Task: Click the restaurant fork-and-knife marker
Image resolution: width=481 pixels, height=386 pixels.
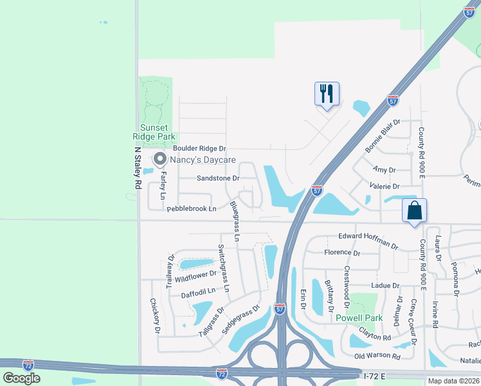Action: tap(327, 94)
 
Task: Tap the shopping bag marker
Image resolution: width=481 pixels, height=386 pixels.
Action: tap(415, 210)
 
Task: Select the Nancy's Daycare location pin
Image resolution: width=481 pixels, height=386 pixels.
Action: tap(158, 159)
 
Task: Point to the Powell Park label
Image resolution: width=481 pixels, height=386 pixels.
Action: tap(359, 318)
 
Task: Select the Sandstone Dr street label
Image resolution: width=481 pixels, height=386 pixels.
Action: tap(218, 178)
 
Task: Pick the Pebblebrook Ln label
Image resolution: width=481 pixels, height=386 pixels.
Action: tap(192, 208)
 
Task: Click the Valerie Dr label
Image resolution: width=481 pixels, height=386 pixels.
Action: tap(385, 185)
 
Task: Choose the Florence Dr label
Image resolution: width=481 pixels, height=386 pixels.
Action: tap(342, 253)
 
